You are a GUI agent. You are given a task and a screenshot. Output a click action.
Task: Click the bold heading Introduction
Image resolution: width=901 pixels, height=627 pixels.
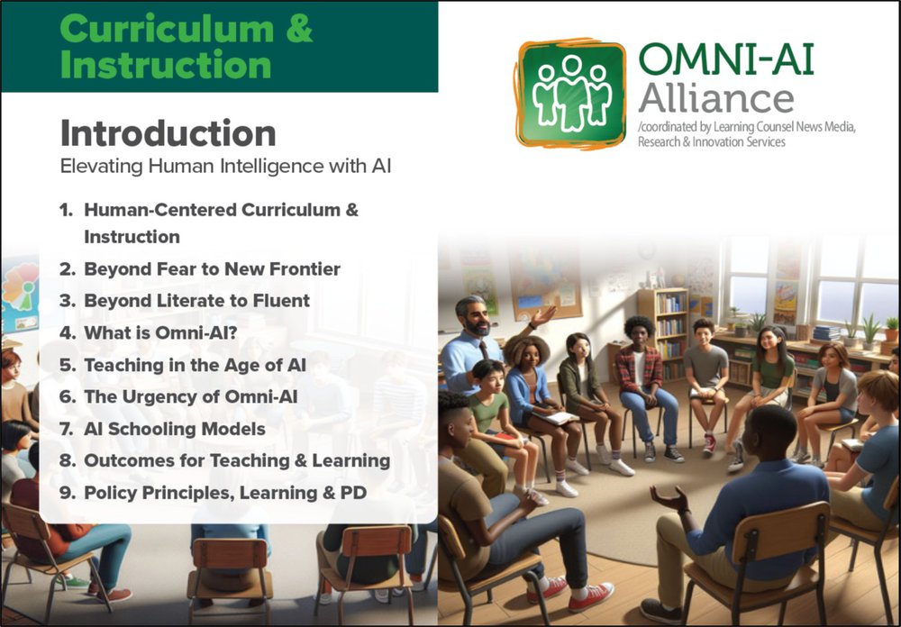168,133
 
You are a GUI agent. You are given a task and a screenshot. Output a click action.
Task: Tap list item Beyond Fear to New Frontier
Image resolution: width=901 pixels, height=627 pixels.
212,268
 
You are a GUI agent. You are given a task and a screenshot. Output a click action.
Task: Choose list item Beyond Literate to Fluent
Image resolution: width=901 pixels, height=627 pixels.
196,300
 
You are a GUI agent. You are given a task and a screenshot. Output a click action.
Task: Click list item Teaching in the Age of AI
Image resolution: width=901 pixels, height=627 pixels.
195,365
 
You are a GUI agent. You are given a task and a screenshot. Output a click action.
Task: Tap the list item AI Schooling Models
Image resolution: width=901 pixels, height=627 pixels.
175,429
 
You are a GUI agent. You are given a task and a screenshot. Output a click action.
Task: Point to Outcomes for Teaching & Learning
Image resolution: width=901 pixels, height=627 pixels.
237,460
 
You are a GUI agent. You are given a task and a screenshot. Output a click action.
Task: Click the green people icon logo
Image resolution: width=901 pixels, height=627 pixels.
569,93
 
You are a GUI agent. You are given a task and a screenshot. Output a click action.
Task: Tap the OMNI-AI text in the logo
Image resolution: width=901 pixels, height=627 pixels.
726,61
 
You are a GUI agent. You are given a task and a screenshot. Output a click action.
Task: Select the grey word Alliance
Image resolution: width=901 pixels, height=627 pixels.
716,97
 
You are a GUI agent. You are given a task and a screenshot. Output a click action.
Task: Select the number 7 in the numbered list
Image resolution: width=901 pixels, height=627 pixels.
65,429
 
